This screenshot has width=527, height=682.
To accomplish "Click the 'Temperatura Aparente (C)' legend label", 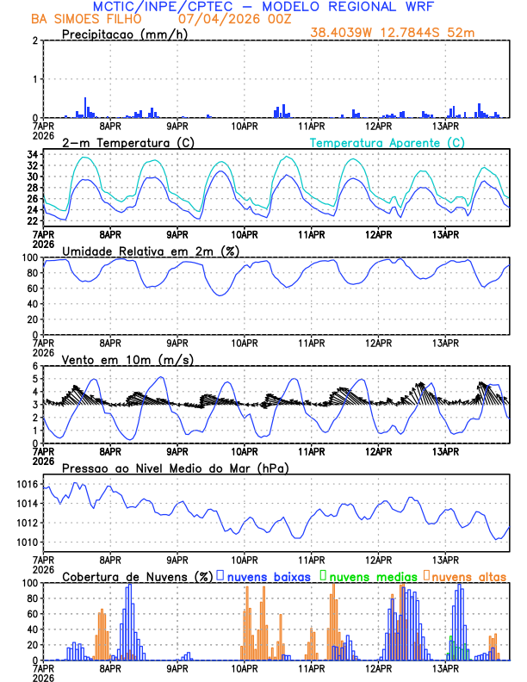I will (387, 142).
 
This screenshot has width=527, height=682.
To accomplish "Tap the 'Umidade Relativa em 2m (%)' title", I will (151, 251).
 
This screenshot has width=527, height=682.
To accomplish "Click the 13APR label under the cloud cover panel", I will (445, 668).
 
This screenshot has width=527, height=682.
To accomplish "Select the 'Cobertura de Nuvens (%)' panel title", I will (137, 576).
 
